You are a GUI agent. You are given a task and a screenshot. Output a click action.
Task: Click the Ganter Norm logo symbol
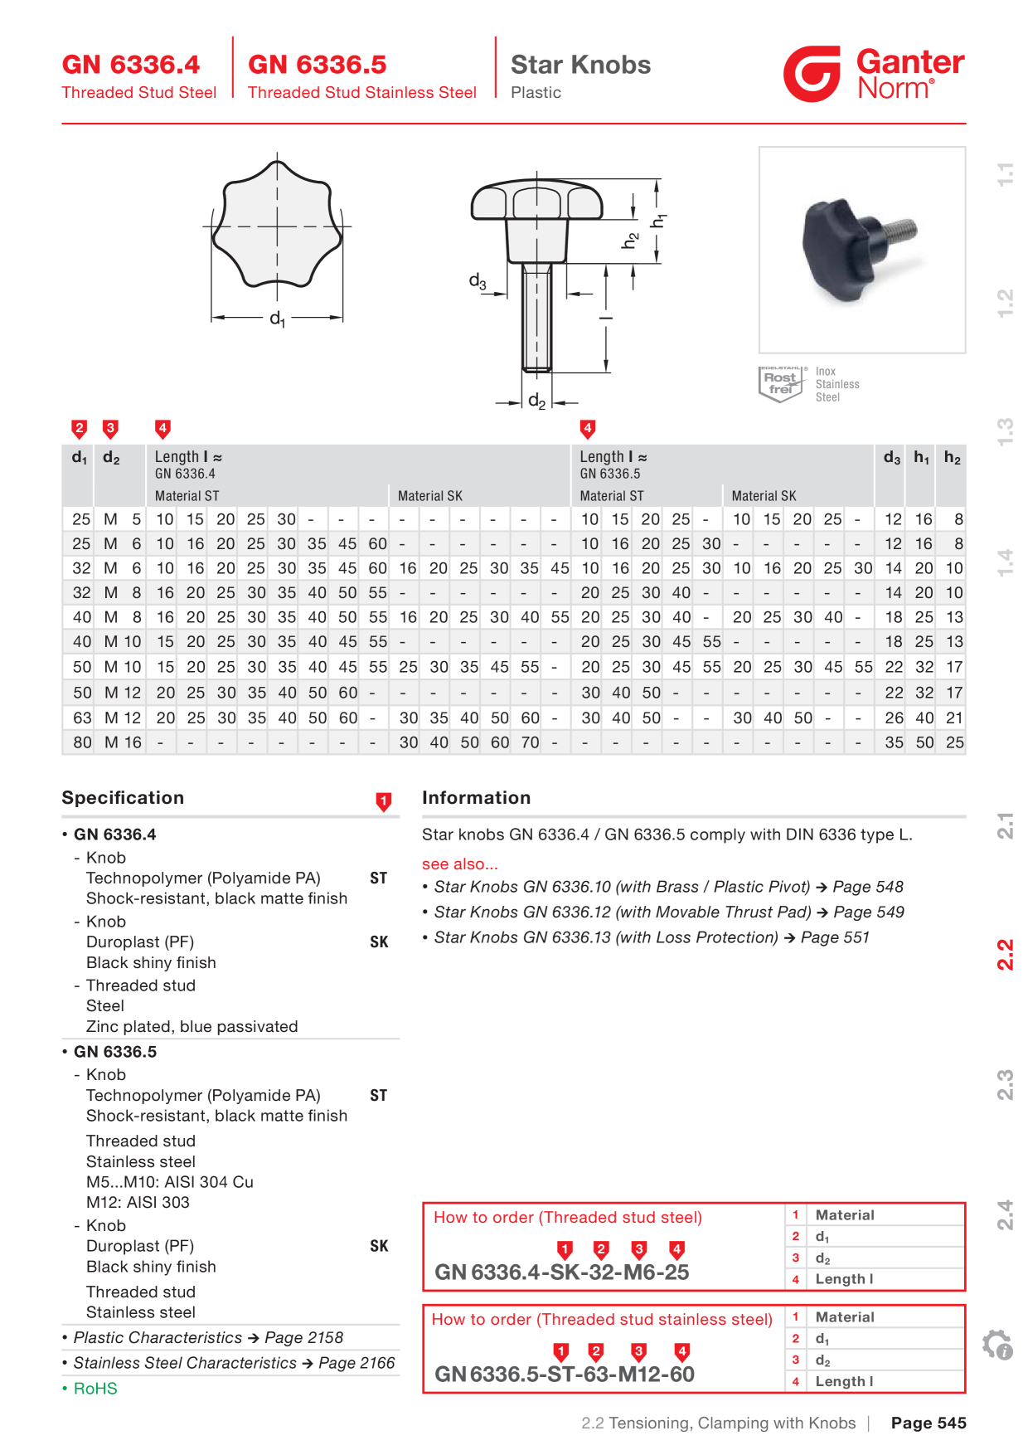pyautogui.click(x=812, y=74)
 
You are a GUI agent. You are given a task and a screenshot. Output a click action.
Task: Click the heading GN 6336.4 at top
pyautogui.click(x=131, y=65)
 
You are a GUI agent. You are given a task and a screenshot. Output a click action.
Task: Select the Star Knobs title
pyautogui.click(x=580, y=65)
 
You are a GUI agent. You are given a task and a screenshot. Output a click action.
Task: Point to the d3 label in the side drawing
pyautogui.click(x=478, y=281)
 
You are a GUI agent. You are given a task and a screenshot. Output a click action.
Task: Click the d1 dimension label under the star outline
pyautogui.click(x=277, y=318)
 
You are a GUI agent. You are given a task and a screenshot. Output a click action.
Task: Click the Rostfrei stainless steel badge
pyautogui.click(x=781, y=383)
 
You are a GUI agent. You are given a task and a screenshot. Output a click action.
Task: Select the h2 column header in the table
pyautogui.click(x=953, y=458)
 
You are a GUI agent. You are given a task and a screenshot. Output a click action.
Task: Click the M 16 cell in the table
pyautogui.click(x=123, y=742)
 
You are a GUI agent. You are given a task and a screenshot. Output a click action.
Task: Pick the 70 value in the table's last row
pyautogui.click(x=530, y=742)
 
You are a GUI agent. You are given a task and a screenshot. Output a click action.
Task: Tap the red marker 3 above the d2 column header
pyautogui.click(x=110, y=429)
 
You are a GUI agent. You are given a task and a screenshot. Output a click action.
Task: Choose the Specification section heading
pyautogui.click(x=123, y=797)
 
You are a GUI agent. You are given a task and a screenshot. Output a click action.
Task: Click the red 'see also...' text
pyautogui.click(x=460, y=864)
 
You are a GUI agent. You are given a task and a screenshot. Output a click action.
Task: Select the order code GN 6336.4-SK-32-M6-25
pyautogui.click(x=562, y=1273)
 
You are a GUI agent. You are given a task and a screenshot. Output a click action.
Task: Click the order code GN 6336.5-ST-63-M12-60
pyautogui.click(x=565, y=1375)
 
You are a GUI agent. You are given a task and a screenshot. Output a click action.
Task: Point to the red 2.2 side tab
pyautogui.click(x=1005, y=955)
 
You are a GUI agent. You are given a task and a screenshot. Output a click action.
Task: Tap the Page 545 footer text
pyautogui.click(x=929, y=1423)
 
